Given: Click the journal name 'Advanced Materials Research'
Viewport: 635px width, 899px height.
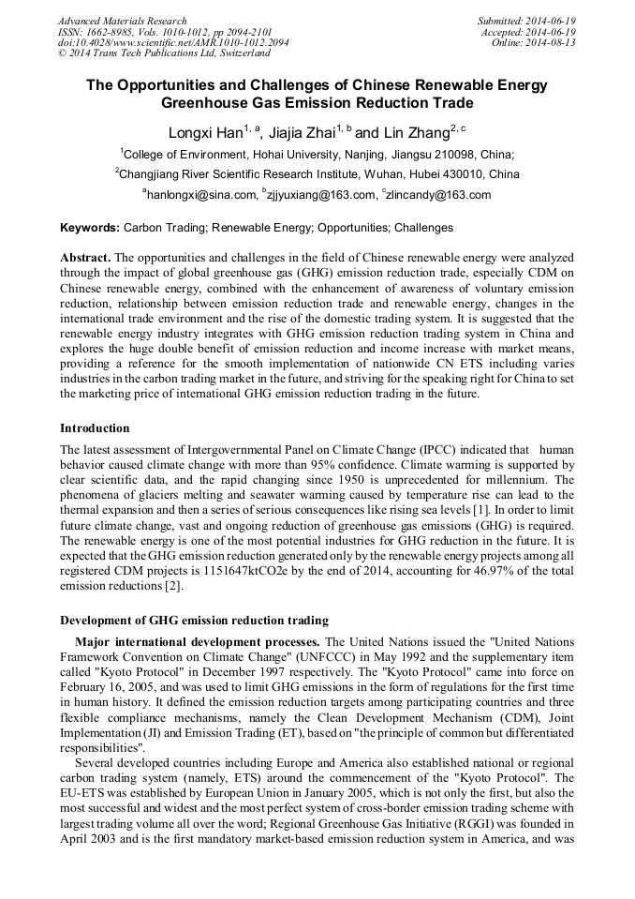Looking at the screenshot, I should (x=122, y=21).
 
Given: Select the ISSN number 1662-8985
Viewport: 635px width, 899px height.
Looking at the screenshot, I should (x=111, y=32).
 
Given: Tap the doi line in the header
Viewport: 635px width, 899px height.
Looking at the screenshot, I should (x=173, y=43).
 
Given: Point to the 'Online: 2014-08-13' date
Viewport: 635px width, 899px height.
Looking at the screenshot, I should (x=534, y=43).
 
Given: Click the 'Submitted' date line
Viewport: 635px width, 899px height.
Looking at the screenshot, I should (x=526, y=21).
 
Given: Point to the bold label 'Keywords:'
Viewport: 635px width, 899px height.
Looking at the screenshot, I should (x=90, y=228).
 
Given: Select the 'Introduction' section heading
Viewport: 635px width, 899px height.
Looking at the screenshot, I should (x=95, y=428).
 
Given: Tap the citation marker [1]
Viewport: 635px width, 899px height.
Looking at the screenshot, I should (x=503, y=508).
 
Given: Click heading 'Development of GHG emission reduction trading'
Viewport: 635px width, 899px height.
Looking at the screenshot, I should (x=194, y=621).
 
